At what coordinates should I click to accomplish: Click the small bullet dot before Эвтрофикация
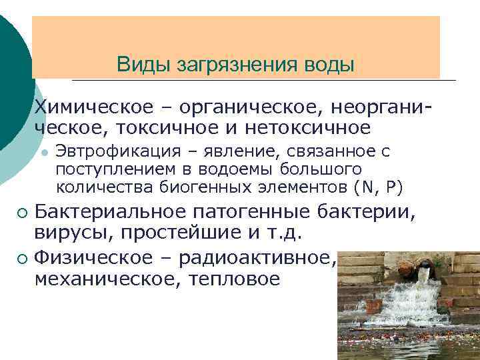(43, 153)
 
